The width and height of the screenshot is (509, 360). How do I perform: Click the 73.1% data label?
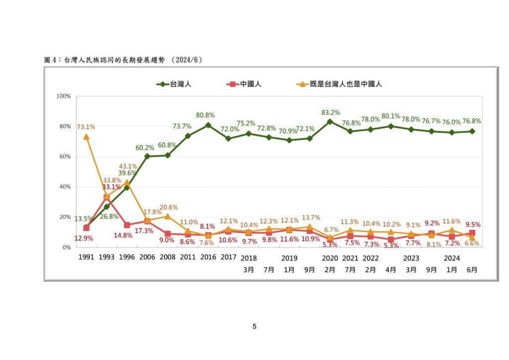(x=86, y=127)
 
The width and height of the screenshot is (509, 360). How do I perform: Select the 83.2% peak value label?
(x=331, y=112)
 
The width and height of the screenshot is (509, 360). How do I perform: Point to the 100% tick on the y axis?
(x=64, y=96)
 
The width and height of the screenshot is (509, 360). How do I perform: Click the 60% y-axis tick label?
(x=65, y=157)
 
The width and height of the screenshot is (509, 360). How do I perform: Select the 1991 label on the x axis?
(x=86, y=258)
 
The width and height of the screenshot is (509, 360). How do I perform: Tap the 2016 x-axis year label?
(x=208, y=258)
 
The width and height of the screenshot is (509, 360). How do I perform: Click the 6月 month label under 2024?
(x=472, y=270)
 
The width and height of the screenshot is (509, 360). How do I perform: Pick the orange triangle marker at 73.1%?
(x=86, y=137)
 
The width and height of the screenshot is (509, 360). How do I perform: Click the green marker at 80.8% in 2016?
(x=208, y=125)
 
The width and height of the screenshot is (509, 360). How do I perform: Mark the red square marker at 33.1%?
(x=106, y=197)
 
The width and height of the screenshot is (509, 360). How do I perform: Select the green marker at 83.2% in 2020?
(x=330, y=121)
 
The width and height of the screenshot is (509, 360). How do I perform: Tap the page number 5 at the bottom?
(x=254, y=327)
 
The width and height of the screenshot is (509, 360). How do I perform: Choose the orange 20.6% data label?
(x=168, y=207)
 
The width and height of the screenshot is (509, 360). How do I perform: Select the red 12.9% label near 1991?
(x=85, y=239)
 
